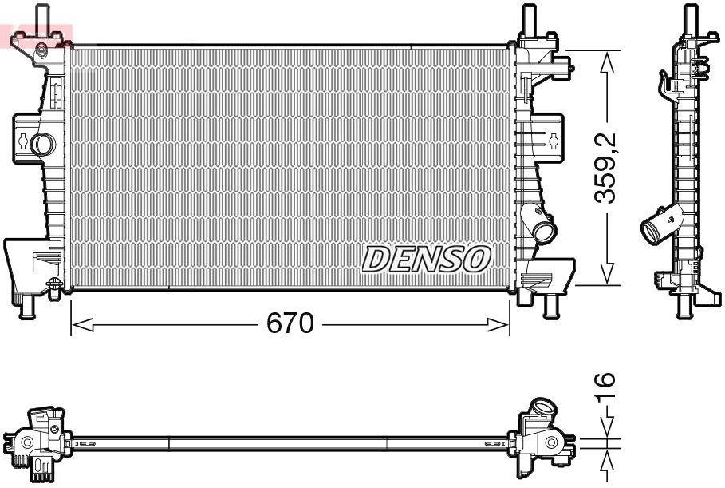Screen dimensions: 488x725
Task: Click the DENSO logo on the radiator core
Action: [x=427, y=258]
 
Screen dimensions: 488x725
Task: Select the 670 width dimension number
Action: [x=290, y=324]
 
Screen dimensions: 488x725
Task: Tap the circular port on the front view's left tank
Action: [x=41, y=144]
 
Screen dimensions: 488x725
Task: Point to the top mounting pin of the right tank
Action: [x=527, y=18]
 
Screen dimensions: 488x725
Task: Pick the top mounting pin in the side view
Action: [x=688, y=17]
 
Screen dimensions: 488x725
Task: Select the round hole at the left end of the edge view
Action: [x=26, y=442]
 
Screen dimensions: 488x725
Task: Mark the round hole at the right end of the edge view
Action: [x=551, y=442]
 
